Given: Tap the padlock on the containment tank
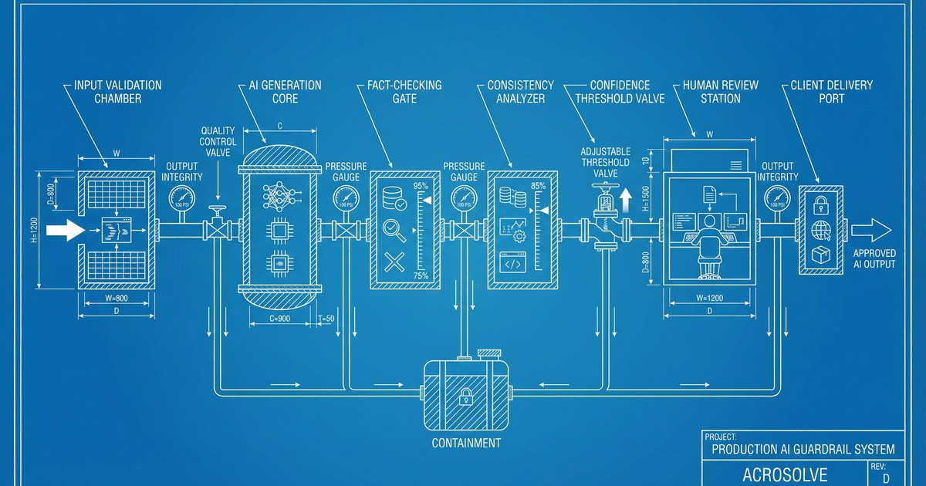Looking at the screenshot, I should coord(465,397).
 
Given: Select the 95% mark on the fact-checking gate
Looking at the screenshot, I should coord(421,186).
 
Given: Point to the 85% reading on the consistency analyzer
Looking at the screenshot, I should coord(538,186).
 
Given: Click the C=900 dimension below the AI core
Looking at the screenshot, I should coord(279,318).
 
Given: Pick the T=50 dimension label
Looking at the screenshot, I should coord(326,318).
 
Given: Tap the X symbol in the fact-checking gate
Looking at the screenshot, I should coord(394,262).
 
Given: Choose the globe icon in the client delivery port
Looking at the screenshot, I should coord(821,229).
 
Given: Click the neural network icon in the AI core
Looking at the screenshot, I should coord(279,197).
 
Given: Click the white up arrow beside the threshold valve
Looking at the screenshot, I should coord(626,201).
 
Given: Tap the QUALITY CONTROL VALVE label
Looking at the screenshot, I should coord(218,141).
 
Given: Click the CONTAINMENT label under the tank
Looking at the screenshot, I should coord(466,443).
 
